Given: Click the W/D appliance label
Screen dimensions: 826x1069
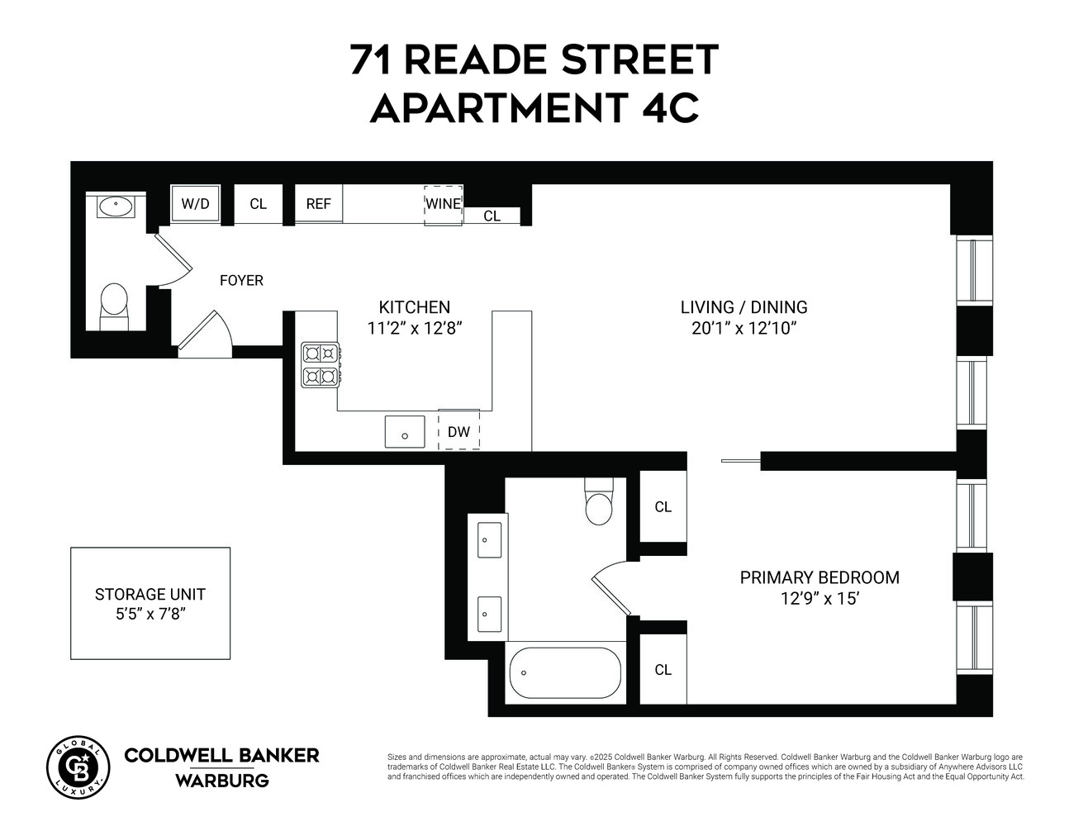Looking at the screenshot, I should (196, 204).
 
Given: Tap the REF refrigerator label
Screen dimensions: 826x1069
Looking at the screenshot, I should (318, 204).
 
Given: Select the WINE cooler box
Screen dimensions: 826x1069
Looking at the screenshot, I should (444, 204).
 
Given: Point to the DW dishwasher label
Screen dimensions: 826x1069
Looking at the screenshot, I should (458, 431).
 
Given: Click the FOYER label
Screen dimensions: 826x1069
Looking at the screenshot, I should (241, 281).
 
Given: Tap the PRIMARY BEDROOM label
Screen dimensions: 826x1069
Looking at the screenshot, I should (820, 577).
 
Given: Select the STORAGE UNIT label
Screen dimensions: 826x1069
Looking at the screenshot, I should (150, 594).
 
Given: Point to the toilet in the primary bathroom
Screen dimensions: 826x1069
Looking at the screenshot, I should (599, 503).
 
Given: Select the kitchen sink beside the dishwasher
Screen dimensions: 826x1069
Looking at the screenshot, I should (405, 432).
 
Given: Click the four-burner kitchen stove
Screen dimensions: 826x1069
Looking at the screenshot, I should (321, 365).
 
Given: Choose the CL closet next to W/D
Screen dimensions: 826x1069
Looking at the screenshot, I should (258, 204).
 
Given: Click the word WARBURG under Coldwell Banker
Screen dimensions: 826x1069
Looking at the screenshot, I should (221, 780).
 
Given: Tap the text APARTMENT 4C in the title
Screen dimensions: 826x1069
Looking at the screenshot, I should (534, 108).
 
